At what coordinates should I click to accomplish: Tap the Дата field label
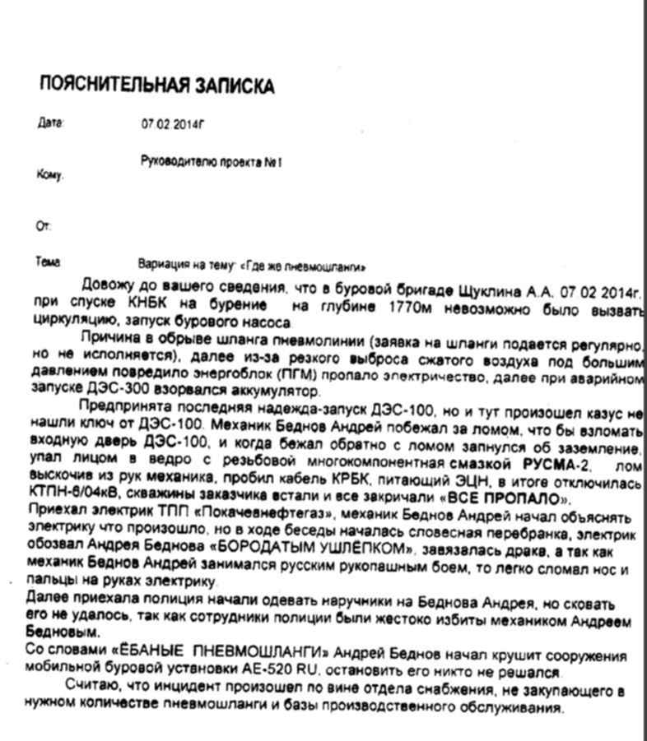point(49,123)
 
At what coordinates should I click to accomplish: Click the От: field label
point(44,225)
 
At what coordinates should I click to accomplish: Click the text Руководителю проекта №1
point(212,163)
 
